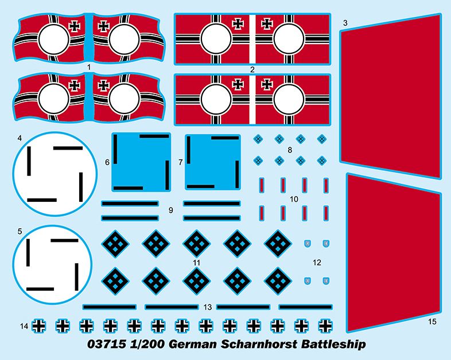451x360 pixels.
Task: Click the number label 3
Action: [345, 23]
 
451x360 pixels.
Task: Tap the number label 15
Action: [432, 322]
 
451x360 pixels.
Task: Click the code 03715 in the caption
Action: [107, 344]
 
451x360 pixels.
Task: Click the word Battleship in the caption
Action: [333, 344]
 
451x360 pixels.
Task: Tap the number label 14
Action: [24, 326]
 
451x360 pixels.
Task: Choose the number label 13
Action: [207, 307]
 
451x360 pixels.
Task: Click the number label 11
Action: [197, 263]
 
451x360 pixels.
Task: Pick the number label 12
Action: [317, 263]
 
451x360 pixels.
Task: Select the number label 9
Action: [171, 210]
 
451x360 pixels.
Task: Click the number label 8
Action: [290, 150]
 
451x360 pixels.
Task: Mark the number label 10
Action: [294, 199]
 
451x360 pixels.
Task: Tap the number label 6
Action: [107, 162]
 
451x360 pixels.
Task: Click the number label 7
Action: [180, 162]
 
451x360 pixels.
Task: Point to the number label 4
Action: [20, 138]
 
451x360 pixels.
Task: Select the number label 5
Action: [20, 231]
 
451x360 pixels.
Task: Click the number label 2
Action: [252, 69]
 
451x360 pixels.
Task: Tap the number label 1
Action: [89, 67]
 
